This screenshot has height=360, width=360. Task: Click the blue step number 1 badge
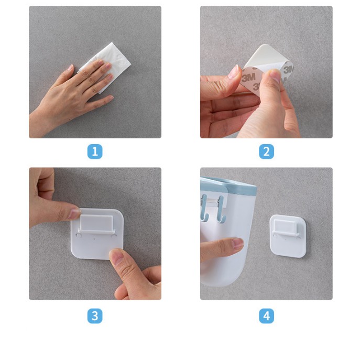pyautogui.click(x=95, y=151)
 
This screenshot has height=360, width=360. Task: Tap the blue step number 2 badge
pyautogui.click(x=266, y=151)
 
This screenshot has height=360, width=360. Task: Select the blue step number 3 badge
pyautogui.click(x=95, y=316)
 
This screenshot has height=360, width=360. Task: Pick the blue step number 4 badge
pyautogui.click(x=266, y=316)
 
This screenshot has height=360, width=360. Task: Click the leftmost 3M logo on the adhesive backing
pyautogui.click(x=248, y=78)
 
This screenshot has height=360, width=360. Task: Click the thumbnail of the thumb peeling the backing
pyautogui.click(x=275, y=75)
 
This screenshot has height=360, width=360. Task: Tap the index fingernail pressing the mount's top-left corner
pyautogui.click(x=74, y=214)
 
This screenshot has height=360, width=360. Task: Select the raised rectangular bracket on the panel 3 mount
pyautogui.click(x=96, y=223)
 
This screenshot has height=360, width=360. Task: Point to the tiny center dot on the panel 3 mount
pyautogui.click(x=94, y=239)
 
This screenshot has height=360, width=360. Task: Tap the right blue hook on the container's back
pyautogui.click(x=220, y=210)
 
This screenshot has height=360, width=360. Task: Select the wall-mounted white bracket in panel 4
pyautogui.click(x=288, y=236)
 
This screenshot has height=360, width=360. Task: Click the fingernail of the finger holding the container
pyautogui.click(x=237, y=243)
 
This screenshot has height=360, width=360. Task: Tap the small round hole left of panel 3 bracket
pyautogui.click(x=79, y=236)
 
